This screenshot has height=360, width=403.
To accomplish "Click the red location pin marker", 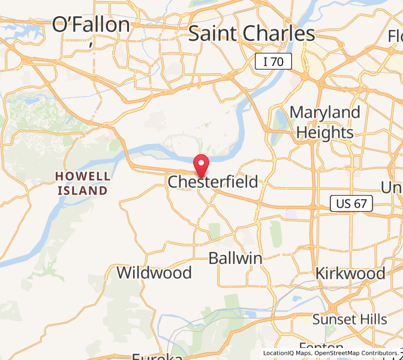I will (x=201, y=164).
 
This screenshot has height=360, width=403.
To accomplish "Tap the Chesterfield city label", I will (x=213, y=182).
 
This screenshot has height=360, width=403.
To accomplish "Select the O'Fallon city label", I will (x=91, y=25).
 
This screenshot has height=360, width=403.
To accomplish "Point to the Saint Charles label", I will (x=252, y=34).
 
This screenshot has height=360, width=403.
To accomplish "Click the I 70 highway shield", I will (x=273, y=61).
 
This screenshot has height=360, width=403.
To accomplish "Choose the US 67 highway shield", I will (x=351, y=204).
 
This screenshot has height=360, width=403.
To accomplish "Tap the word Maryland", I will (x=325, y=113).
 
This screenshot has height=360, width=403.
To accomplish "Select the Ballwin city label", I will (x=236, y=259).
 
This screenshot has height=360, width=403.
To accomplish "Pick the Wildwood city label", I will (x=154, y=273).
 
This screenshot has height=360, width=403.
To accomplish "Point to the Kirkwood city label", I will (x=351, y=273).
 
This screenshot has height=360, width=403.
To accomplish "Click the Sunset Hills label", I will (x=350, y=319).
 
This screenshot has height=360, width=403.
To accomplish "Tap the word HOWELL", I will (x=83, y=176).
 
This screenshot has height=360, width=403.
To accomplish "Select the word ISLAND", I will (x=83, y=190).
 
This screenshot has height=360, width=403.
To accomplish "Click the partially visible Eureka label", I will (x=157, y=355).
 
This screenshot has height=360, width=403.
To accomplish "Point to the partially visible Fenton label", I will (x=321, y=348).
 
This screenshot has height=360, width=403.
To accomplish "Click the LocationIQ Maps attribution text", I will (x=285, y=353).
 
